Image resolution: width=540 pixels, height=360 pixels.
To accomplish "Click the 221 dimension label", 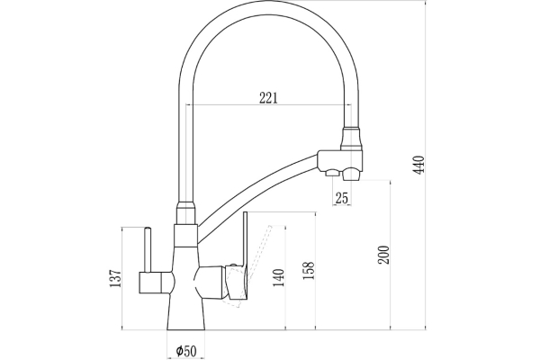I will (267, 98).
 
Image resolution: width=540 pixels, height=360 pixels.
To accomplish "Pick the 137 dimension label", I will (111, 280).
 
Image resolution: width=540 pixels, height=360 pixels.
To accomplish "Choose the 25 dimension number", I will (341, 198).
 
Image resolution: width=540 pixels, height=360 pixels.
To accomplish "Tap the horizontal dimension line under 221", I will (270, 106).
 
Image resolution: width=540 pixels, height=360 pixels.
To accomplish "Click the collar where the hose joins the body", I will (185, 216).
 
